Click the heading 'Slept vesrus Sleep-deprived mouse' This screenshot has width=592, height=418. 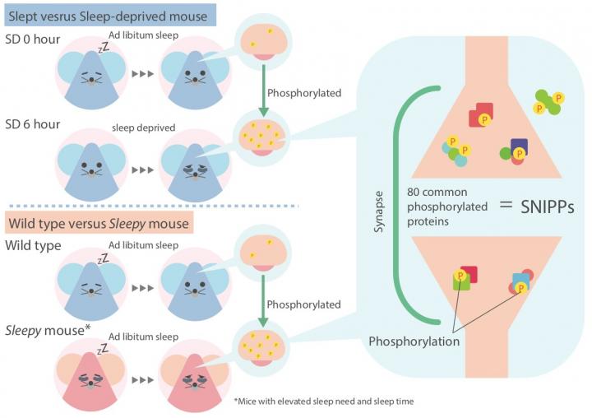point(109,15)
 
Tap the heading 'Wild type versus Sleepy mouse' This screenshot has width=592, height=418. point(99,222)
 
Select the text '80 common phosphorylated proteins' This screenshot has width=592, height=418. point(442,206)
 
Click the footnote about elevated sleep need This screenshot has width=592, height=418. point(322,402)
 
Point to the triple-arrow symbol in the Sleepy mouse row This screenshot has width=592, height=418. point(143,379)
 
